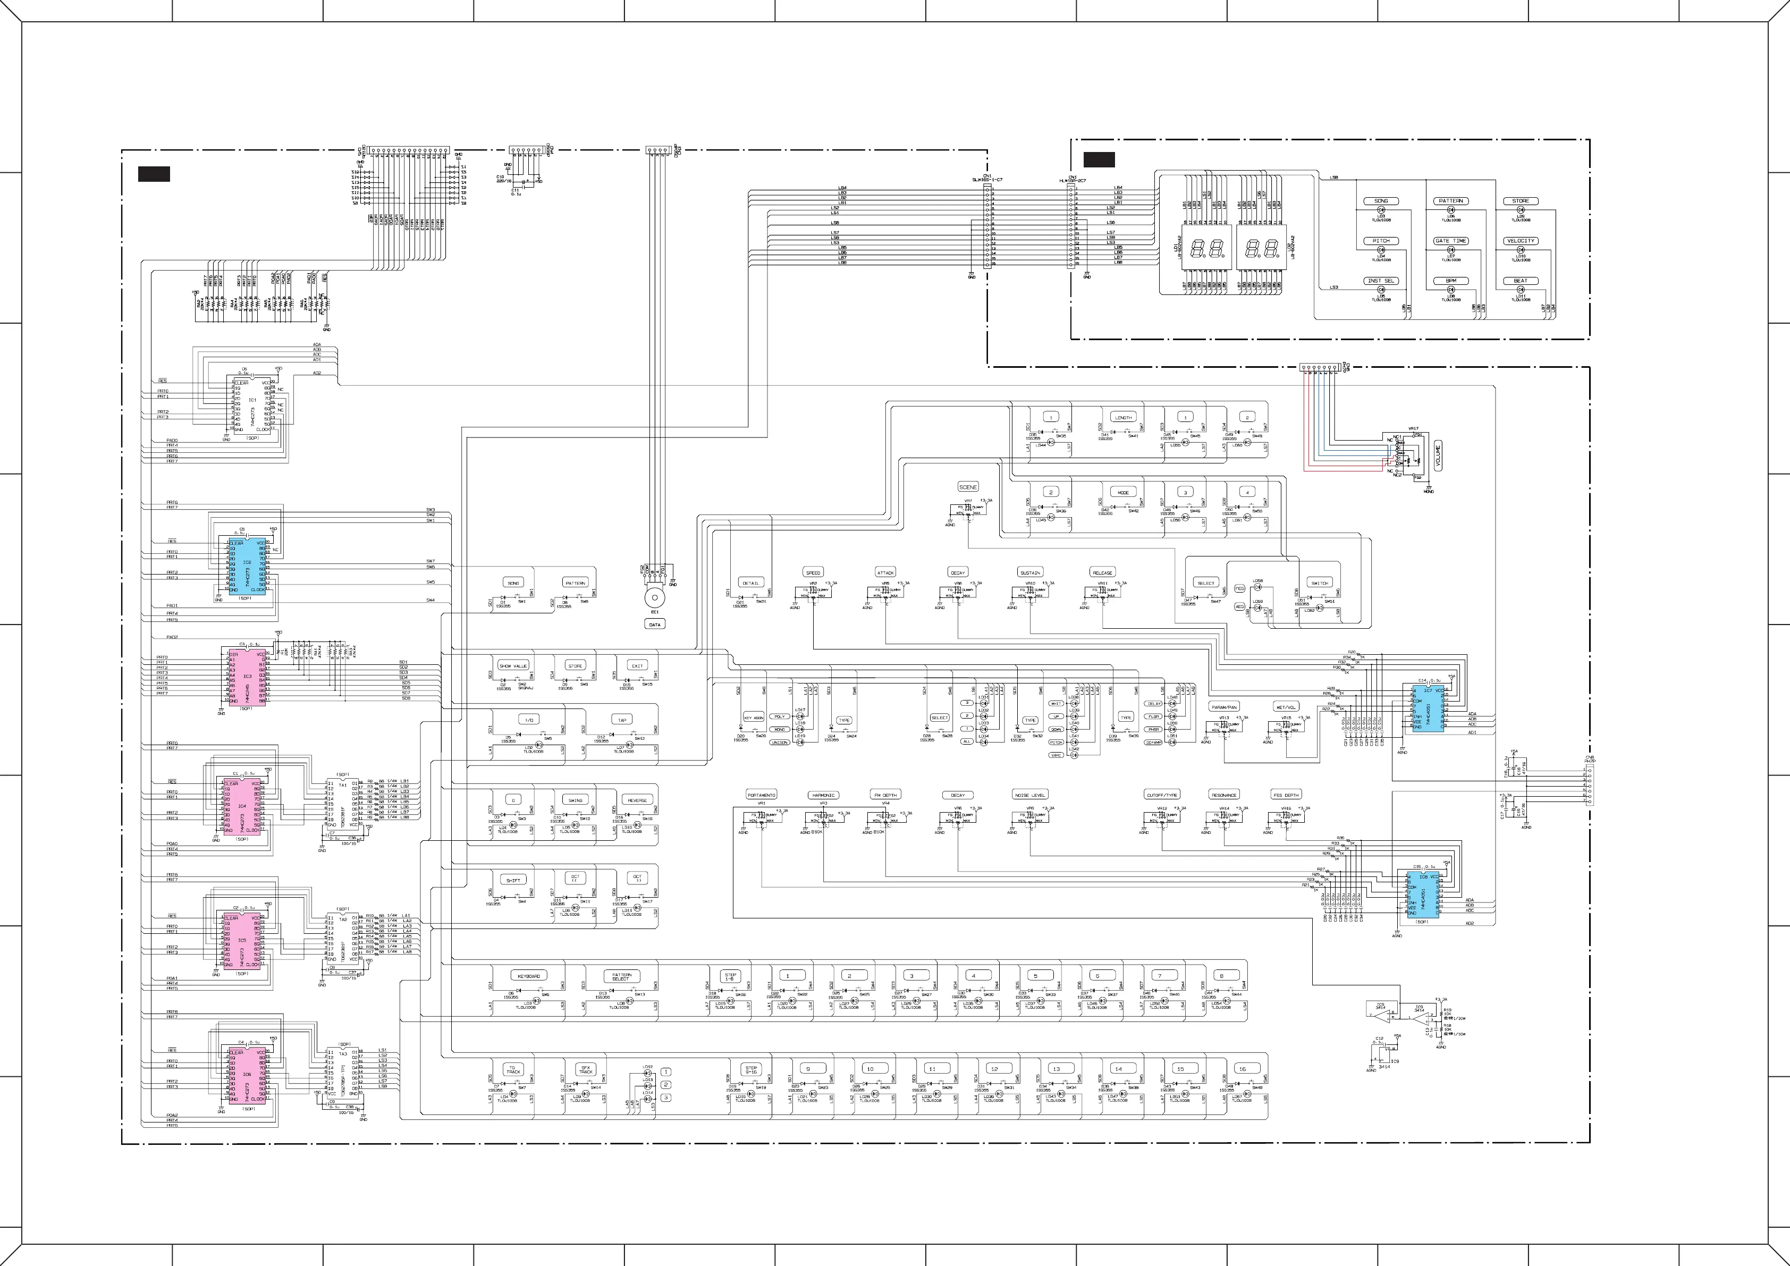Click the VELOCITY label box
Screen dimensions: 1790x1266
[1520, 241]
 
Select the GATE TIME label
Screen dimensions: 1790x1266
[1451, 241]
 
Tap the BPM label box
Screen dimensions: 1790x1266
[1451, 281]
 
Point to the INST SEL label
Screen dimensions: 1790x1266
[1381, 281]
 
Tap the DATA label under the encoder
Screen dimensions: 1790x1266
[655, 624]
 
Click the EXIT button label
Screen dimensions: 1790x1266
[638, 666]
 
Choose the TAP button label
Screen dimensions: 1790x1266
[622, 720]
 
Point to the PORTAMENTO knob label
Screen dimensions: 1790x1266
[761, 795]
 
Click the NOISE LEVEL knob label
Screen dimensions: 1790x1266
[1030, 795]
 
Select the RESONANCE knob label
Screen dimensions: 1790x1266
[1224, 795]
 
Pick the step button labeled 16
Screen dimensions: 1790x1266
[1243, 1069]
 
